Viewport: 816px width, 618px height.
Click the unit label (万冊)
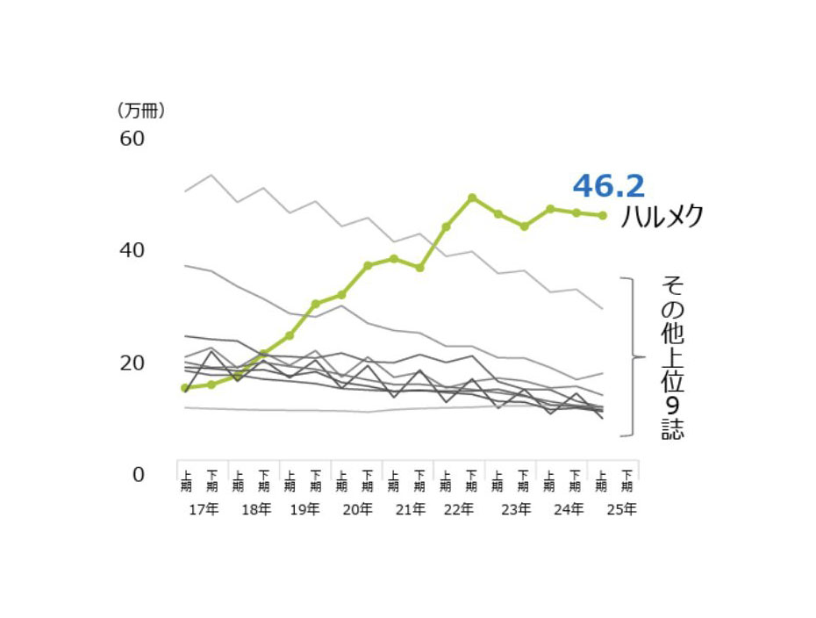[140, 111]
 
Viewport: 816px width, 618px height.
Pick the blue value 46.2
[608, 185]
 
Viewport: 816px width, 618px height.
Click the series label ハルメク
[662, 217]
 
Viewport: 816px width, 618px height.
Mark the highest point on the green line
[472, 198]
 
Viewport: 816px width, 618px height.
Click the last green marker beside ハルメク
[602, 215]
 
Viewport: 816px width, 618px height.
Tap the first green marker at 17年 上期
[185, 387]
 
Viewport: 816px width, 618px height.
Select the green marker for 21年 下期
[420, 267]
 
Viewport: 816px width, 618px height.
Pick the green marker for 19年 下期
[316, 304]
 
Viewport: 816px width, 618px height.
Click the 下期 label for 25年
[626, 480]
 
